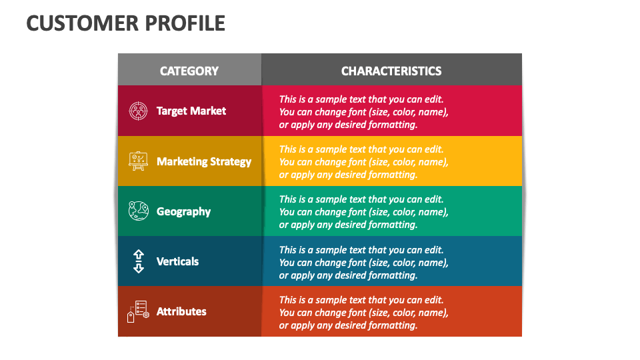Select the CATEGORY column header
[x=189, y=71]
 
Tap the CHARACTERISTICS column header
[x=391, y=71]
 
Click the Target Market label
[x=191, y=111]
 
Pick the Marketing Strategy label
[x=204, y=161]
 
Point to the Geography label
[x=183, y=211]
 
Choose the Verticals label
[x=177, y=261]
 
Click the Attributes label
[x=181, y=311]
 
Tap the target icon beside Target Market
[x=138, y=111]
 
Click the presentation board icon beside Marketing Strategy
[x=138, y=161]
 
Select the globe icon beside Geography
[x=138, y=211]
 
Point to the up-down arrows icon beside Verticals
[x=138, y=261]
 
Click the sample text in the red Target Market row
[x=363, y=111]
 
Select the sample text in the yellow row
[x=363, y=162]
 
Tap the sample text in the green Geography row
[x=363, y=212]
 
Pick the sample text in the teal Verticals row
[x=363, y=263]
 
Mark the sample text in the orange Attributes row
[x=363, y=313]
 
